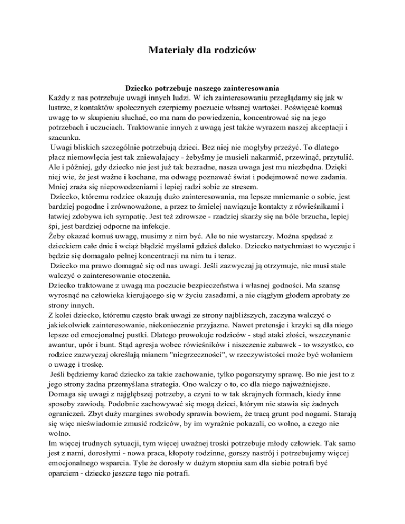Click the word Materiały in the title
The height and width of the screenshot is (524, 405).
tap(169, 51)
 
